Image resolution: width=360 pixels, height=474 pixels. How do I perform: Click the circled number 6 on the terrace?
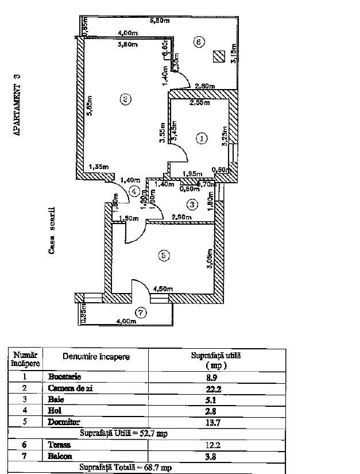[x=199, y=42]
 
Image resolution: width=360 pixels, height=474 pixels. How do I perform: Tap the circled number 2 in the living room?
[x=125, y=99]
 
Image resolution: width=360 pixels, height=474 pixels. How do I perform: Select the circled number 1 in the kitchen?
[x=201, y=138]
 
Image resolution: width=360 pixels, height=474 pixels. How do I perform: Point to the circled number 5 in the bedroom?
[x=164, y=257]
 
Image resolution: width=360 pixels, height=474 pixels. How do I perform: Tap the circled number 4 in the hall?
[x=134, y=191]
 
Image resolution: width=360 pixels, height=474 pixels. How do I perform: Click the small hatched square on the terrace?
[x=218, y=56]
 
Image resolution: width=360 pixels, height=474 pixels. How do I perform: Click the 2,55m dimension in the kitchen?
[x=200, y=103]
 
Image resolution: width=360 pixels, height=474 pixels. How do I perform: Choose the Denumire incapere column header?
[x=96, y=357]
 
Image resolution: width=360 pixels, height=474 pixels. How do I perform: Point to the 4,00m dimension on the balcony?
[x=125, y=322]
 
